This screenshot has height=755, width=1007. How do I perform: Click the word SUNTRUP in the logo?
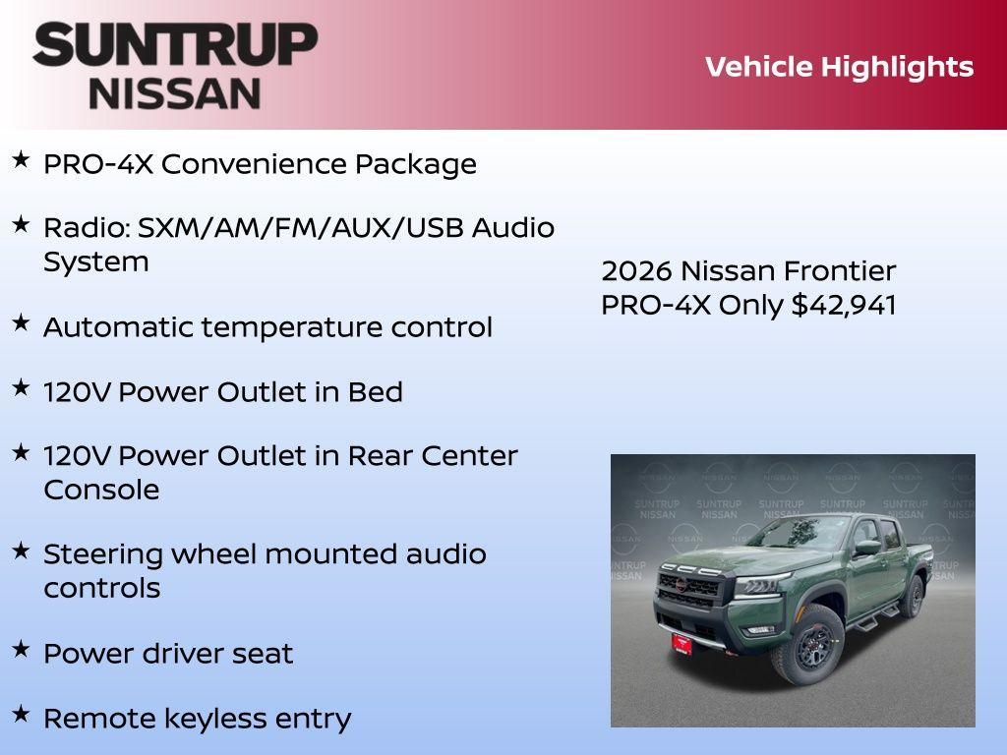[x=175, y=44]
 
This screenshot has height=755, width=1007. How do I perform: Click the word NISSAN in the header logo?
[x=175, y=92]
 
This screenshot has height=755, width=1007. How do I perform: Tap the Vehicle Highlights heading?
[x=839, y=67]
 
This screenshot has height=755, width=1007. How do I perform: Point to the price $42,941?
[x=844, y=305]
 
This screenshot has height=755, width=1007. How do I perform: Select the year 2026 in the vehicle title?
[x=636, y=270]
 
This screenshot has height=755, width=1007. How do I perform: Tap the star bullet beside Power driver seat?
[x=21, y=649]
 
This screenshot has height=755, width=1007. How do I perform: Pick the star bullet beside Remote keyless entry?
[x=21, y=714]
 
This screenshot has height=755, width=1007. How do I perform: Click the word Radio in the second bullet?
[x=86, y=228]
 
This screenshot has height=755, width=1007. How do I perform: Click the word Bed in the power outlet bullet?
[x=375, y=392]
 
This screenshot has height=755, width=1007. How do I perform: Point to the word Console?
[x=101, y=490]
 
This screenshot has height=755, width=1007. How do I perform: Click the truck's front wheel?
[x=807, y=644]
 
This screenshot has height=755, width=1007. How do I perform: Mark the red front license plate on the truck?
[x=681, y=644]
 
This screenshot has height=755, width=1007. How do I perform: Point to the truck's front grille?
[x=691, y=590]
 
